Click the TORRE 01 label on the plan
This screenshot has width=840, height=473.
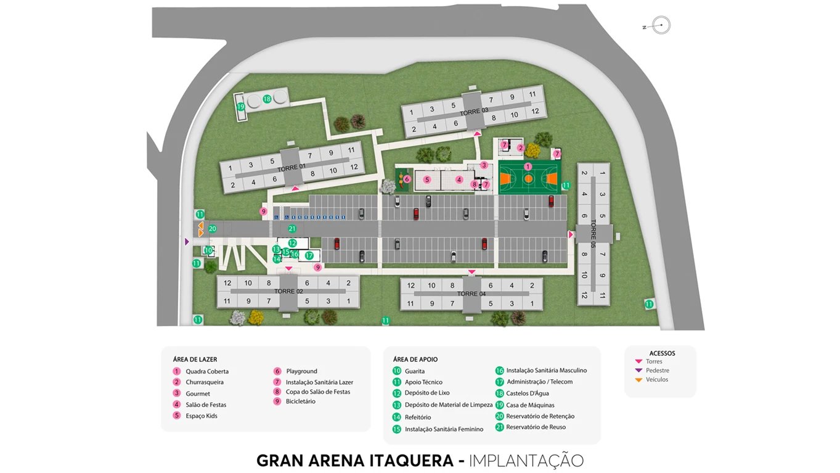pos(292,168)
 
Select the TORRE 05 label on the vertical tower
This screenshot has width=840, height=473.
pos(593,233)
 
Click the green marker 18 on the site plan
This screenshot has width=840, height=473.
pos(267,99)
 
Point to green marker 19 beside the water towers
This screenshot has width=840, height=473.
pos(241,107)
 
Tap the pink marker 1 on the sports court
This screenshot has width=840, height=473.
pos(528,167)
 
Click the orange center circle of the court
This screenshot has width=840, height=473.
pos(529,178)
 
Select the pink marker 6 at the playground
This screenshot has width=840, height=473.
pos(407,179)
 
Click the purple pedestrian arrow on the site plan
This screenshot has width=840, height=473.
pos(187,242)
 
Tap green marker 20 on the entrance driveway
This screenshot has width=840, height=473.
pos(213,229)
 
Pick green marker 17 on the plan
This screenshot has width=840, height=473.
pos(309,255)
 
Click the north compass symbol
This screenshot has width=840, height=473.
pos(661,25)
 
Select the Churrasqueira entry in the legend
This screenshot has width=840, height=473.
pos(204,382)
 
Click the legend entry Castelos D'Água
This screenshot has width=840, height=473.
pos(527,393)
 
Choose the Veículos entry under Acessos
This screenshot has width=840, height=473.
pos(656,380)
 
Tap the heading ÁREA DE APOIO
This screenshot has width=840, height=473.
pos(415,360)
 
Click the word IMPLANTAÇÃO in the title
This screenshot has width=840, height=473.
pos(526,461)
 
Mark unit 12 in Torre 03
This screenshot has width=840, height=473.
pos(535,112)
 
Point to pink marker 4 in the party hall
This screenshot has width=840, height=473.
pos(459,179)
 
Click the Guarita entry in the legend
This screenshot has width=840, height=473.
pos(414,371)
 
